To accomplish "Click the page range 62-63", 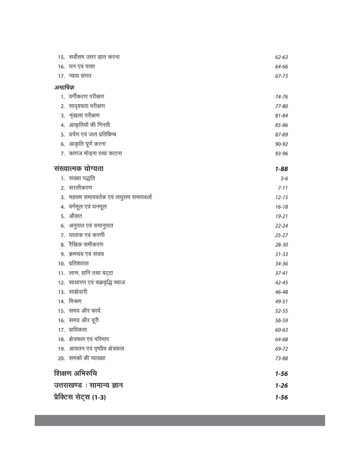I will point(282,57).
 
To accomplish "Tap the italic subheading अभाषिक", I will point(64,87).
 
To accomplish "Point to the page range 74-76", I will point(282,97).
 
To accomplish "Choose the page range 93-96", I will point(282,154).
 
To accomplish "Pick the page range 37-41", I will point(282,273).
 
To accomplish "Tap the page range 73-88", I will point(282,358).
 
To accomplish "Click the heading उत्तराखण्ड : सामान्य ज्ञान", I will point(96,385).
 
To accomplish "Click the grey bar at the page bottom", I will point(179,420).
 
